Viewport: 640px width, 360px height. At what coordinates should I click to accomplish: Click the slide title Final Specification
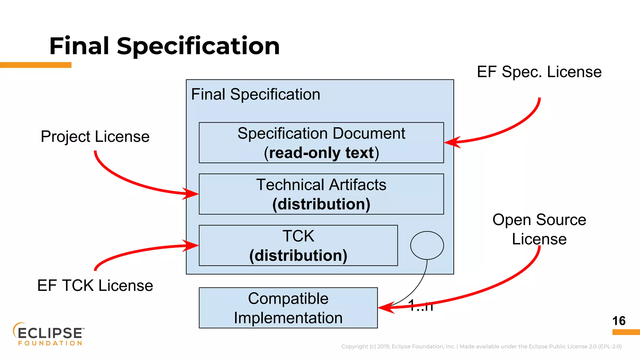click(x=164, y=46)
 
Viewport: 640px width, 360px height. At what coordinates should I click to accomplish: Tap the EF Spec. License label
click(x=539, y=72)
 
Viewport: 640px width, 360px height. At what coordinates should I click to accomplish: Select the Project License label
click(x=95, y=137)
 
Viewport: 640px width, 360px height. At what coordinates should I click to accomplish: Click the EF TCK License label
click(x=95, y=285)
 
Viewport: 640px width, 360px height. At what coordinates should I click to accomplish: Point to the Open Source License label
click(x=539, y=229)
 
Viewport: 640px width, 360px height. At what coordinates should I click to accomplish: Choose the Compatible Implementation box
click(x=288, y=308)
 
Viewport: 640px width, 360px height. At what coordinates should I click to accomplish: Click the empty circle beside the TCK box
click(x=427, y=245)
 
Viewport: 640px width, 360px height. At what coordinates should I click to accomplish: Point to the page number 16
click(x=619, y=321)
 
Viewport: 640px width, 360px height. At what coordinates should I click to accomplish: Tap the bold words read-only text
click(x=321, y=153)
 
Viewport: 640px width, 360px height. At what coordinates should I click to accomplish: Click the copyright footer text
click(x=481, y=346)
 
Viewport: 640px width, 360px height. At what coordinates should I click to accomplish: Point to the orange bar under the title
click(x=36, y=65)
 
